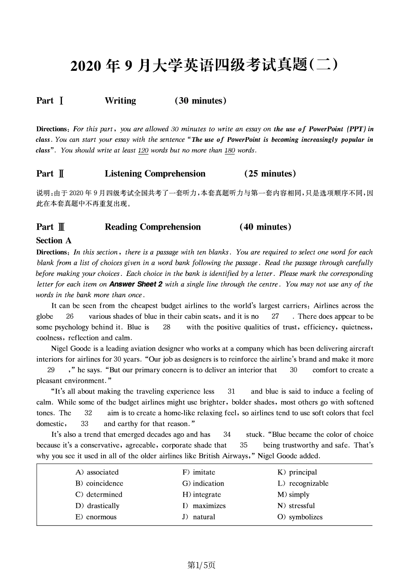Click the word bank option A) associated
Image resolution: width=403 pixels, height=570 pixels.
97,472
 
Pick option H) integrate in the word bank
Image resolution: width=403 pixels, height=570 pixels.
201,494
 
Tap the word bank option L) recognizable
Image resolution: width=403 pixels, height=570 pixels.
302,483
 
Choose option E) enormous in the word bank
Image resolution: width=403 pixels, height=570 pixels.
95,517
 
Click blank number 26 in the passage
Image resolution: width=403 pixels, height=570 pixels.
70,317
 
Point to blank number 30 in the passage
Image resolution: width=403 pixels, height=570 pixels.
294,370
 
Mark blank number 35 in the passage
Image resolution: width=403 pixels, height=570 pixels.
243,445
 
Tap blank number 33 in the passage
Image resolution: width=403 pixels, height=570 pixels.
85,424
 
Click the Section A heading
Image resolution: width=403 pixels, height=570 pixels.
54,241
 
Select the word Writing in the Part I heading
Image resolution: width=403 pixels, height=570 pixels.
120,101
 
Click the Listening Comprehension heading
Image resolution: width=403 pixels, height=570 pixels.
155,174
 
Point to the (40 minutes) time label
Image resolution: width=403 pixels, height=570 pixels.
266,227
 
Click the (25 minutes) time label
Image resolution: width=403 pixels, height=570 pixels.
270,174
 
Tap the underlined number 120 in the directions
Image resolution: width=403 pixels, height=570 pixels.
143,151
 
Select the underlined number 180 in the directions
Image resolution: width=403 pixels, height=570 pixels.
229,151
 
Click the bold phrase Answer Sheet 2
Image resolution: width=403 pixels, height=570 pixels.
136,284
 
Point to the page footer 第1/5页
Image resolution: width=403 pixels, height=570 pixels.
201,565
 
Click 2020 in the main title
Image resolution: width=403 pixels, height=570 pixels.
86,66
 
